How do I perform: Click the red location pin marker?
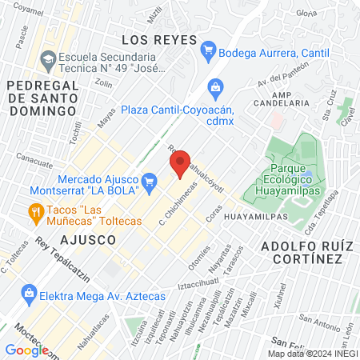coord(180,164)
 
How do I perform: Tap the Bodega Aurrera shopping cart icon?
coord(210,51)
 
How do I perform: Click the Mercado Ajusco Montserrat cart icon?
coord(149,183)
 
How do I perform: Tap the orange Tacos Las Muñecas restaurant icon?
coord(35,212)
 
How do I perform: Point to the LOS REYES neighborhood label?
coord(158,39)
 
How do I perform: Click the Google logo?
coord(26,350)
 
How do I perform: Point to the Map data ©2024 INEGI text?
coord(311,354)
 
